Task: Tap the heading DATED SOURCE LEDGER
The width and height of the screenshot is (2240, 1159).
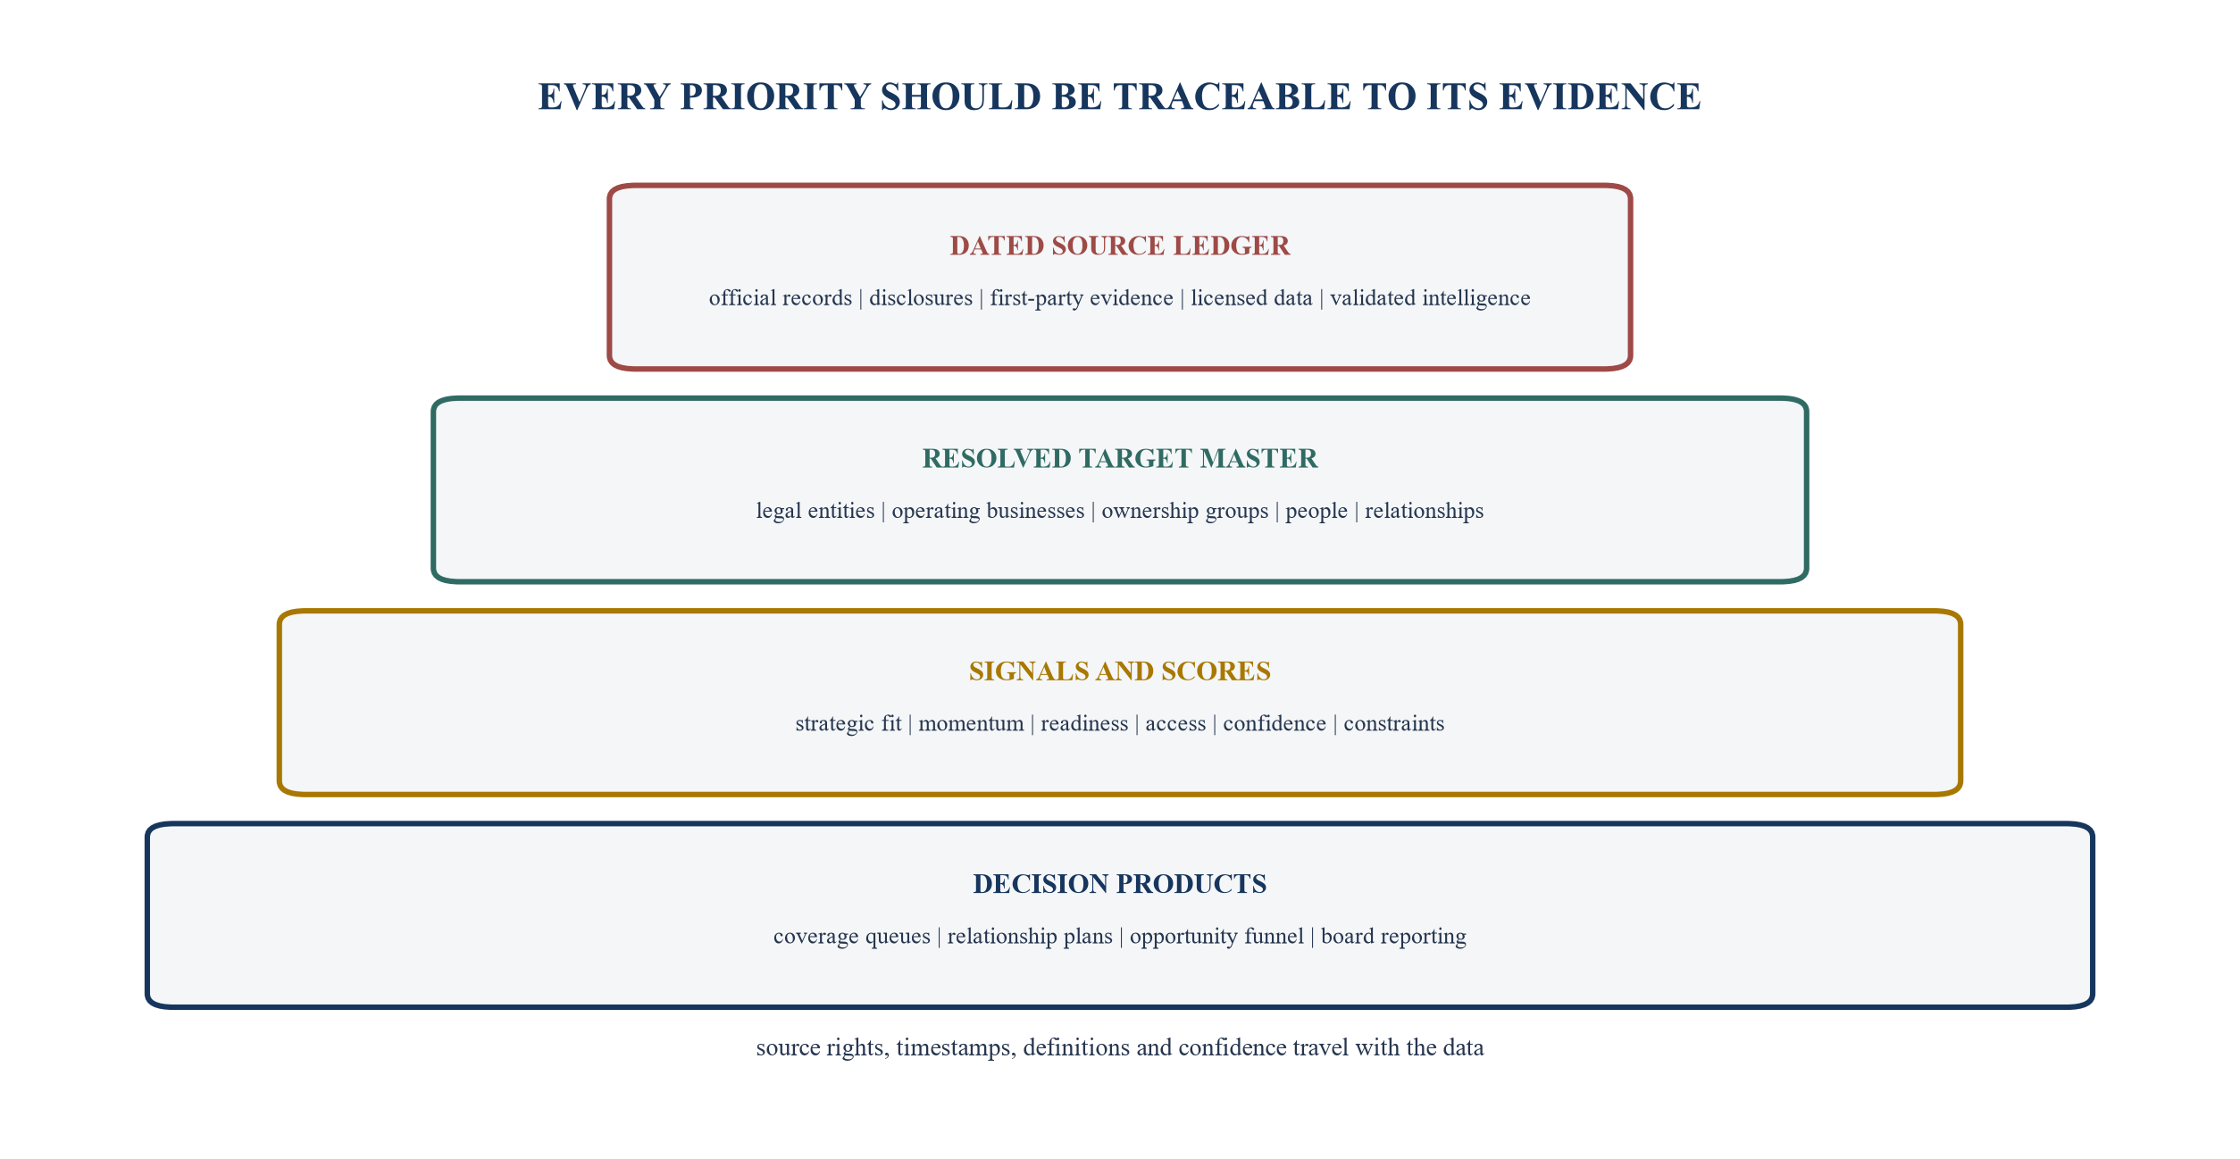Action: pyautogui.click(x=1120, y=246)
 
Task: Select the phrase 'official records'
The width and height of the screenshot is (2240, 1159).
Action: pyautogui.click(x=781, y=298)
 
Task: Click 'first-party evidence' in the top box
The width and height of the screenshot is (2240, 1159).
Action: pyautogui.click(x=1082, y=298)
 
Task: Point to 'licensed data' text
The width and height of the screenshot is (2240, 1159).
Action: pyautogui.click(x=1251, y=298)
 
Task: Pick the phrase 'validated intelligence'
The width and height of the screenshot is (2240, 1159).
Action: pyautogui.click(x=1430, y=298)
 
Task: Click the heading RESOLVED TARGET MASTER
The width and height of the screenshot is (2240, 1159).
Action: pyautogui.click(x=1120, y=458)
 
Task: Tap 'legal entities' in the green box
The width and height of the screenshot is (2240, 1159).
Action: pyautogui.click(x=815, y=511)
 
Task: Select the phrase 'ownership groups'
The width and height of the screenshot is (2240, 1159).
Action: pyautogui.click(x=1184, y=511)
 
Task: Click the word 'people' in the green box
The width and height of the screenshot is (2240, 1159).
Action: pyautogui.click(x=1316, y=512)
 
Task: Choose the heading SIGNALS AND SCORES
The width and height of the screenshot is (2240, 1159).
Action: pyautogui.click(x=1120, y=671)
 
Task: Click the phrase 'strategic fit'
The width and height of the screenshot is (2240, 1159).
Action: pyautogui.click(x=848, y=723)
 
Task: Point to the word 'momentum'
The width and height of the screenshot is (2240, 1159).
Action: pyautogui.click(x=971, y=724)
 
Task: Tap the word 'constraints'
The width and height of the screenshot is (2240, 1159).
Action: pyautogui.click(x=1393, y=724)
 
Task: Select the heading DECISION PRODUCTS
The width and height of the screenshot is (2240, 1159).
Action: pyautogui.click(x=1120, y=883)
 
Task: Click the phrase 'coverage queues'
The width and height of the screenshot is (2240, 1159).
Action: pyautogui.click(x=852, y=937)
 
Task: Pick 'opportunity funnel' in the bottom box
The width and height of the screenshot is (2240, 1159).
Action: pyautogui.click(x=1216, y=937)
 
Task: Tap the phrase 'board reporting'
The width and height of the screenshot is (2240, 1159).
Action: pyautogui.click(x=1393, y=937)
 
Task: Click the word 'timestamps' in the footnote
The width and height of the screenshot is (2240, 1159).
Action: pyautogui.click(x=956, y=1047)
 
